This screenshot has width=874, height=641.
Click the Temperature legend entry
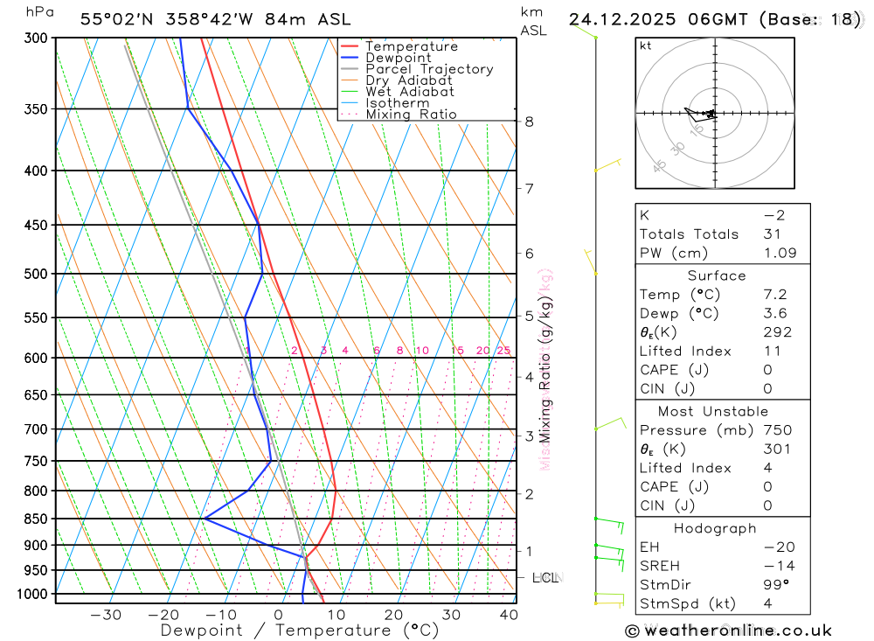pyautogui.click(x=411, y=46)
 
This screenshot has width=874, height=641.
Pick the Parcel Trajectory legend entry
pyautogui.click(x=429, y=69)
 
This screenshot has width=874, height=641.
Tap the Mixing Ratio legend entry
pyautogui.click(x=411, y=115)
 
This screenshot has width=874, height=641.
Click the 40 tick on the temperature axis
pyautogui.click(x=507, y=615)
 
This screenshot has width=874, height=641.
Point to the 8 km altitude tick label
pyautogui.click(x=530, y=122)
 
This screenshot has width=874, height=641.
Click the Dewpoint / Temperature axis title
pyautogui.click(x=300, y=631)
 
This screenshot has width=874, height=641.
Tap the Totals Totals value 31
pyautogui.click(x=770, y=234)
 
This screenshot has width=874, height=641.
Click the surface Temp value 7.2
pyautogui.click(x=773, y=295)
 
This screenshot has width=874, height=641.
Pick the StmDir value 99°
pyautogui.click(x=773, y=584)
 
